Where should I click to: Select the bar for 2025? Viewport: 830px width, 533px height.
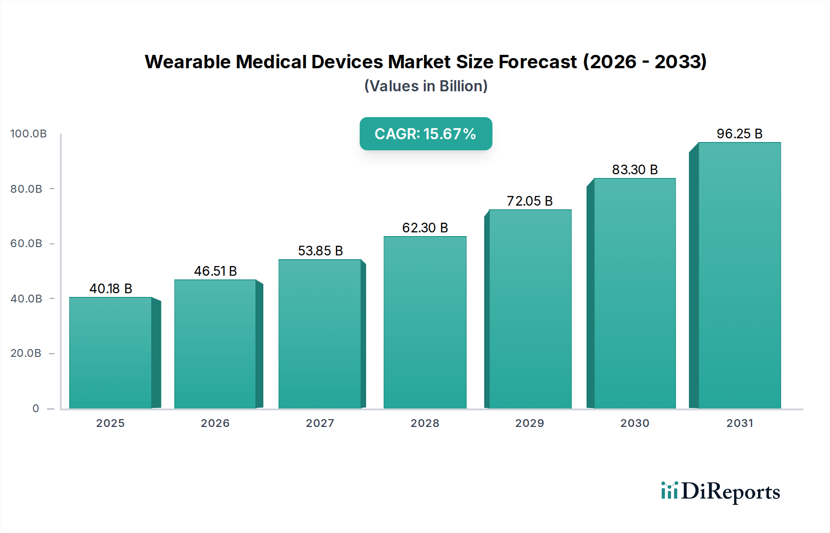coord(111,353)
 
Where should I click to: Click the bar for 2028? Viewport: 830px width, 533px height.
coord(425,323)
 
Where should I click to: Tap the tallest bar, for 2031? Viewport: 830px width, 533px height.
coord(739,275)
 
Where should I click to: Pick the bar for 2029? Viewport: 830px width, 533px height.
coord(530,309)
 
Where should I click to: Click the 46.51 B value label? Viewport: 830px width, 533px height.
coord(215,271)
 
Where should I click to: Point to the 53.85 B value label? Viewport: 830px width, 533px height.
coord(320,251)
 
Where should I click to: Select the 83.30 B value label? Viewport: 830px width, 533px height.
coord(634,170)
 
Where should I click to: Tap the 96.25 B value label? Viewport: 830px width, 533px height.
coord(739,134)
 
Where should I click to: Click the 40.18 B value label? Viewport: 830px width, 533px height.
coord(111,289)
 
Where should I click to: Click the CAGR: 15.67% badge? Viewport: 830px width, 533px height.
coord(426,134)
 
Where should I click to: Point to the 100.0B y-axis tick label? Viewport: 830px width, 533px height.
coord(29,134)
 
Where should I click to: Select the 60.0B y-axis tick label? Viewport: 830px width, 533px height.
coord(26,243)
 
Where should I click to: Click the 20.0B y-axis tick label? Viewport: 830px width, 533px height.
coord(26,353)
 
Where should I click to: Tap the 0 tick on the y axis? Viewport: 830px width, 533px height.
coord(36,409)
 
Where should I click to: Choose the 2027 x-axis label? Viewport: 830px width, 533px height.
coord(320,423)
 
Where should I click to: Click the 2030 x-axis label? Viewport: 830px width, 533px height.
coord(634,423)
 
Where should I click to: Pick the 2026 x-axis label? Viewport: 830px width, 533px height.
coord(215,423)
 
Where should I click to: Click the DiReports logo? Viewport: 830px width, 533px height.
coord(720,492)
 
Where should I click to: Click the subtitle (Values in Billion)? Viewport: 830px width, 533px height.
coord(426,86)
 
